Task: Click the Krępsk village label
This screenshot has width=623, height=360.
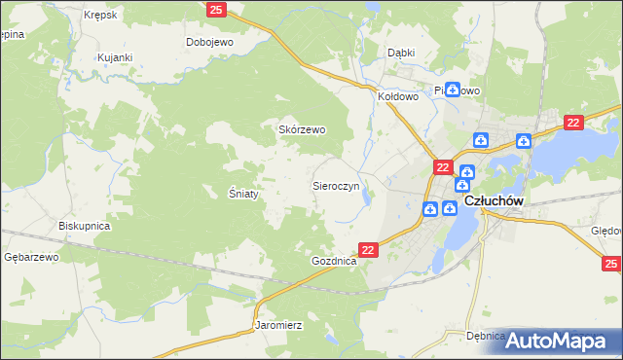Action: pos(101,16)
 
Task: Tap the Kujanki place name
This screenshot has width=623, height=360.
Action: pos(115,57)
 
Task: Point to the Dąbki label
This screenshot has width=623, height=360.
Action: pos(401,53)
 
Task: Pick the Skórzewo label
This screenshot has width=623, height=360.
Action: pos(303,129)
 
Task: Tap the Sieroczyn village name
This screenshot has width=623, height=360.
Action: pos(336,184)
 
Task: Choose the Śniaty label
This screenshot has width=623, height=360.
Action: pos(243,194)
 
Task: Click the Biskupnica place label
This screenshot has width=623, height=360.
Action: pos(84,226)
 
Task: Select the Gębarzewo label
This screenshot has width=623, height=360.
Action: pos(32,257)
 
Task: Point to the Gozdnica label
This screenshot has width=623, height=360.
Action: pos(335,262)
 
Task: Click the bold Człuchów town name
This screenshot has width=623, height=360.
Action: pos(495,200)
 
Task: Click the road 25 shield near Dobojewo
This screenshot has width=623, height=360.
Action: pos(217,10)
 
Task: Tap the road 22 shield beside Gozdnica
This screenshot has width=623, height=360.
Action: pos(368,250)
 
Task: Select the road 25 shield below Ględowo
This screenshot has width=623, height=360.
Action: pos(611,264)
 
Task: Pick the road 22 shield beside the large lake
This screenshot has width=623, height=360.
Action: pos(572,122)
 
